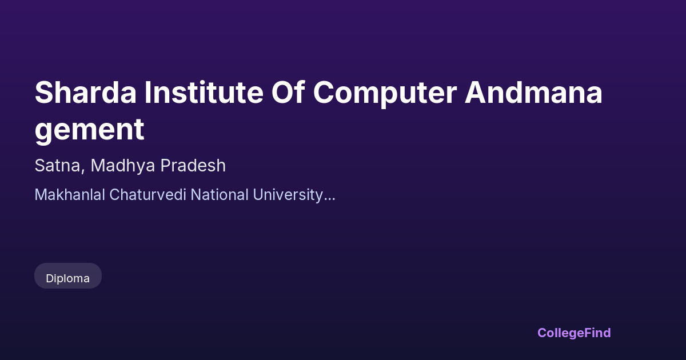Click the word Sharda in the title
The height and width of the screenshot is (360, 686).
pyautogui.click(x=85, y=93)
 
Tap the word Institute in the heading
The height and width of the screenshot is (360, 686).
pyautogui.click(x=204, y=93)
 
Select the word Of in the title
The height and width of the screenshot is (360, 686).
pyautogui.click(x=288, y=93)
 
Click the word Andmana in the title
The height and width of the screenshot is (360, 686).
pyautogui.click(x=533, y=93)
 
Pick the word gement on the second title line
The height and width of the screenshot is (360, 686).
pyautogui.click(x=89, y=131)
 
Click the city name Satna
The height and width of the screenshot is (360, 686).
pyautogui.click(x=58, y=166)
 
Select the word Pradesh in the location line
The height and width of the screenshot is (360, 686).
pyautogui.click(x=193, y=165)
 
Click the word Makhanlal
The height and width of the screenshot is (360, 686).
pyautogui.click(x=70, y=195)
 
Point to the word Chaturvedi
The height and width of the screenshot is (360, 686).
pyautogui.click(x=147, y=195)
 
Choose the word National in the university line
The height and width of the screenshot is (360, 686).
pyautogui.click(x=220, y=195)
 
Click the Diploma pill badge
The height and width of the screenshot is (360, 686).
pyautogui.click(x=68, y=275)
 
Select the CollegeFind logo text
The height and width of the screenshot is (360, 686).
pyautogui.click(x=574, y=333)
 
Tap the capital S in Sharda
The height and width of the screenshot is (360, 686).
pyautogui.click(x=43, y=93)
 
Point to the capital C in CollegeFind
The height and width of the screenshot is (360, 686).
pyautogui.click(x=543, y=333)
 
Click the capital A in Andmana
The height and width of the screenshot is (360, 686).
pyautogui.click(x=475, y=93)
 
